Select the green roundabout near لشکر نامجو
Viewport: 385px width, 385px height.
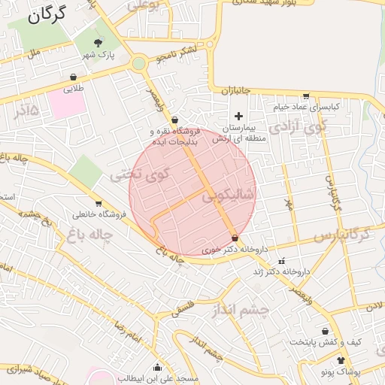point(138,64)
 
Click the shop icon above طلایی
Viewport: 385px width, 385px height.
point(73,77)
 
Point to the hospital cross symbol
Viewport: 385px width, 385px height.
point(239,116)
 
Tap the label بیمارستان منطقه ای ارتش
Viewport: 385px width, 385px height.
point(239,133)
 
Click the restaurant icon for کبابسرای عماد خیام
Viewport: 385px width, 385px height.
point(306,95)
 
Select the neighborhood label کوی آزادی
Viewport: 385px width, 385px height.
point(299,126)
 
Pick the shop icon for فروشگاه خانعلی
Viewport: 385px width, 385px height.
point(98,203)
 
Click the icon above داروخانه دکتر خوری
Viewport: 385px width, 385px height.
point(235,238)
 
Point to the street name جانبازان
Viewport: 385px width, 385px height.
point(238,90)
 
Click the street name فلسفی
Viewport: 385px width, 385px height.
point(184,308)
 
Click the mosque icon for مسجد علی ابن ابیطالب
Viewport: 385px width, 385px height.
point(157,368)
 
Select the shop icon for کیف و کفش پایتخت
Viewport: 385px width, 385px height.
point(325,331)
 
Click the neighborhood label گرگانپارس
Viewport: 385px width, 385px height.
point(342,235)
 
